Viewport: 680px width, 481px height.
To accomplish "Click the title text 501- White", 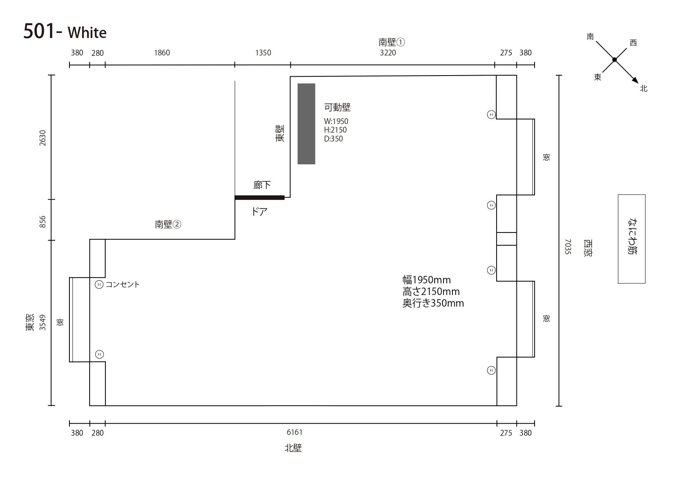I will (65, 31).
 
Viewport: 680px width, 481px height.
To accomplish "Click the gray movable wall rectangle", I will (306, 124).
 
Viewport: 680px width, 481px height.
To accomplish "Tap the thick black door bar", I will (259, 198).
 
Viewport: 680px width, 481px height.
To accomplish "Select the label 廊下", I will (262, 185).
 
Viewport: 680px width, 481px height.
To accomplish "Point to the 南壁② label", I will (168, 224).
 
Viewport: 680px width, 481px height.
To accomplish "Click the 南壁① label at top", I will (392, 42).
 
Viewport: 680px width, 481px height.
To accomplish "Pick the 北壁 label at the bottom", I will (293, 448).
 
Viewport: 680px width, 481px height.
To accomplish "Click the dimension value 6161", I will (295, 432).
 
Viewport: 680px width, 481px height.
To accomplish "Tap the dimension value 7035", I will (568, 247).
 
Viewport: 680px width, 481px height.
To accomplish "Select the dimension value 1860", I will (162, 53).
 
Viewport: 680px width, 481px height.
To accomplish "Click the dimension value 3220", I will (388, 53).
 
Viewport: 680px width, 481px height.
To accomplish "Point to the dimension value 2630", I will (43, 138).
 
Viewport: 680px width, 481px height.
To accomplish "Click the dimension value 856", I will (43, 222).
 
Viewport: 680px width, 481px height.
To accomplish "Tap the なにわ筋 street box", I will (632, 239).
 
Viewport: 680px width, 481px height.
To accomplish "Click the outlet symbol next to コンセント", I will (99, 285).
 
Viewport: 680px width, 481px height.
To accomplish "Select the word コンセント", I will (123, 284).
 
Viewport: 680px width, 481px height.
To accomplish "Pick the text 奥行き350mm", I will (433, 303).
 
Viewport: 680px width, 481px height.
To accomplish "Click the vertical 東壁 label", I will (280, 133).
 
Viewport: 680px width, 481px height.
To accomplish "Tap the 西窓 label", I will (588, 248).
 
